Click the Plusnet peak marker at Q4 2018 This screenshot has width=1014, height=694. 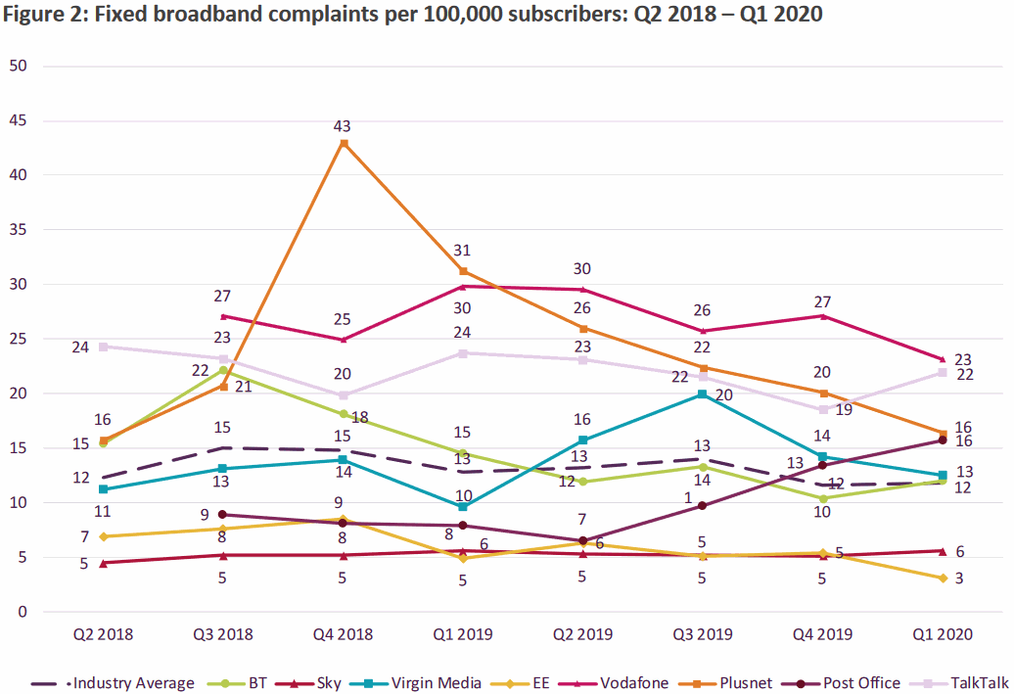point(344,143)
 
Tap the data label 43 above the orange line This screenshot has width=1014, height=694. point(342,126)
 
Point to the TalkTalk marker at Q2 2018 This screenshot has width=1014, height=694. point(103,347)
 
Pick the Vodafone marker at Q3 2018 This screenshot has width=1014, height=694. point(223,316)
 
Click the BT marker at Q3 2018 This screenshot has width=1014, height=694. point(223,370)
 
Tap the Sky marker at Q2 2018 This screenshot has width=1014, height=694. point(103,563)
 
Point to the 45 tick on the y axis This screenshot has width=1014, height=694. point(19,120)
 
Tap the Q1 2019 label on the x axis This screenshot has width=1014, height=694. point(463,634)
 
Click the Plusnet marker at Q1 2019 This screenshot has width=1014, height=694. point(463,271)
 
